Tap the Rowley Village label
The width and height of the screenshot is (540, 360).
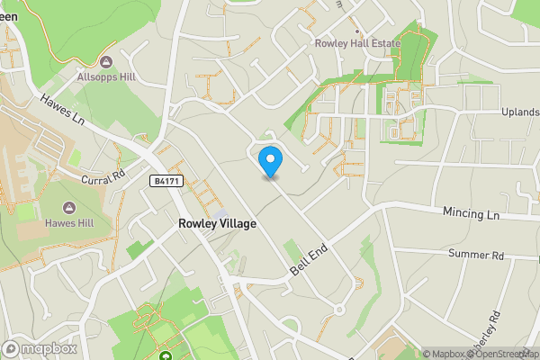pyautogui.click(x=217, y=223)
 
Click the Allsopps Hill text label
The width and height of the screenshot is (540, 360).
pyautogui.click(x=106, y=77)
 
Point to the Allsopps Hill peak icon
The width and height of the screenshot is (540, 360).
pyautogui.click(x=106, y=62)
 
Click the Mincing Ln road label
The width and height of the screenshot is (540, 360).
pyautogui.click(x=470, y=215)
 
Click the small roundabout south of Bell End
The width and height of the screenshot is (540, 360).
pyautogui.click(x=339, y=310)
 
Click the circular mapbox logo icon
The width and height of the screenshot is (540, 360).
pyautogui.click(x=11, y=348)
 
